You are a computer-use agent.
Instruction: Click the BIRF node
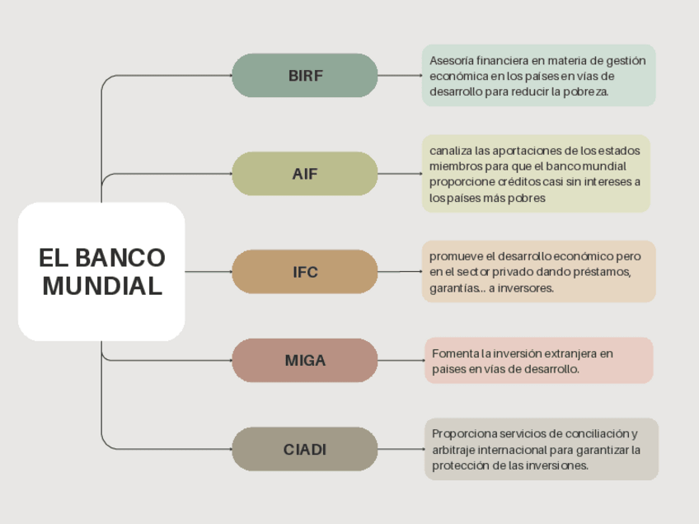tap(305, 76)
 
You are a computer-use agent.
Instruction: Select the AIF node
tap(305, 174)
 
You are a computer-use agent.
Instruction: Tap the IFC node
tap(305, 272)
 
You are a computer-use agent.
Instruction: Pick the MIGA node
tap(305, 360)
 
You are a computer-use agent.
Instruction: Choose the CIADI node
tap(305, 450)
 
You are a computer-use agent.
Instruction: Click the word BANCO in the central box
tap(120, 258)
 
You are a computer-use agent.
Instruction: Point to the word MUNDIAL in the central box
tap(102, 287)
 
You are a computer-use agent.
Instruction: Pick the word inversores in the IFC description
tap(526, 288)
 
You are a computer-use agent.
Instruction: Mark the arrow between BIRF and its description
tap(400, 76)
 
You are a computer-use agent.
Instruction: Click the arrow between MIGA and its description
tap(401, 360)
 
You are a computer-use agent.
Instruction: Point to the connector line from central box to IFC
tap(208, 272)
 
